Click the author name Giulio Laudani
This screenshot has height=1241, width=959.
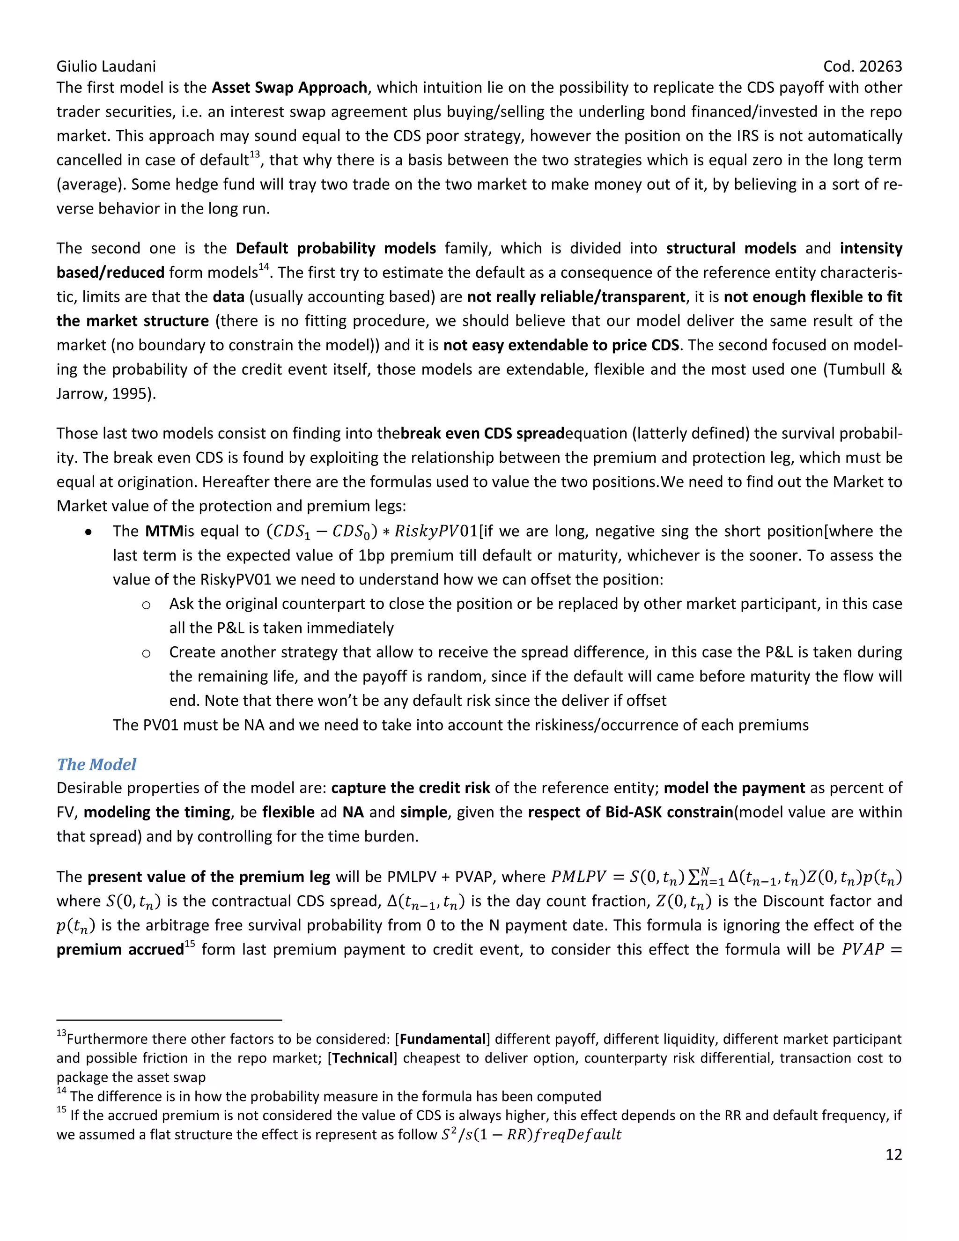click(106, 66)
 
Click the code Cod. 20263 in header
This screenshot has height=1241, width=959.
click(862, 66)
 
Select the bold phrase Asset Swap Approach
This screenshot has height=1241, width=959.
click(290, 88)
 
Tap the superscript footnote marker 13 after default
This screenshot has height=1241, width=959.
click(255, 155)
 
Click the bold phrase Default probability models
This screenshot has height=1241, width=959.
click(336, 248)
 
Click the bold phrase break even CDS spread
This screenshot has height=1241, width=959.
click(482, 434)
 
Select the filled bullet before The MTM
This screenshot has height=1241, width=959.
click(89, 532)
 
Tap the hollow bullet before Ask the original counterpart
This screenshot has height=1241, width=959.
click(146, 605)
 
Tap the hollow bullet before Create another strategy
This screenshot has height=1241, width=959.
click(146, 653)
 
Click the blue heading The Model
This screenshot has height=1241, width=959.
click(96, 764)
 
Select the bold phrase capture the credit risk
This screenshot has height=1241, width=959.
click(410, 788)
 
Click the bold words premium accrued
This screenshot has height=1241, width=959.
click(120, 950)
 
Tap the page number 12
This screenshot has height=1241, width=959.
click(893, 1155)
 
